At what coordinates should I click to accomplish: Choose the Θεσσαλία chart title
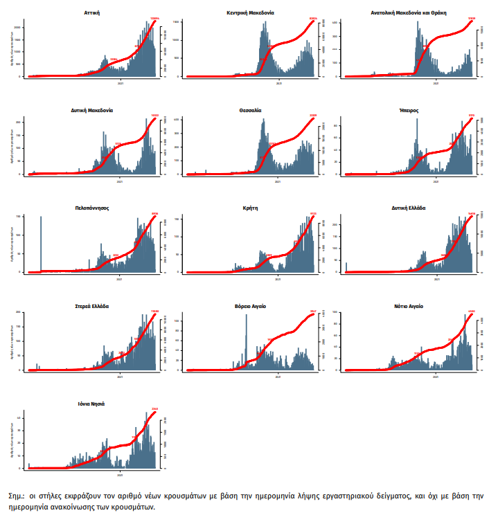coord(251,110)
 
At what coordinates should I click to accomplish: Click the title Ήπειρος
coord(409,110)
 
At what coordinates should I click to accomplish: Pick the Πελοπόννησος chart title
coord(91,208)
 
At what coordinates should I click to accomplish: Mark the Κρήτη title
coord(251,208)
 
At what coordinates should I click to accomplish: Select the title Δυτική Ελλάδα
coord(409,208)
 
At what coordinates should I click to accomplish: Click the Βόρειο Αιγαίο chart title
coord(251,306)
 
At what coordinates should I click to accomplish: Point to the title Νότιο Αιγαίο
coord(409,306)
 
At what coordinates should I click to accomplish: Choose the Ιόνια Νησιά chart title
coord(91,404)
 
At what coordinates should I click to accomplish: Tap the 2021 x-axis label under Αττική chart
coord(121,83)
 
